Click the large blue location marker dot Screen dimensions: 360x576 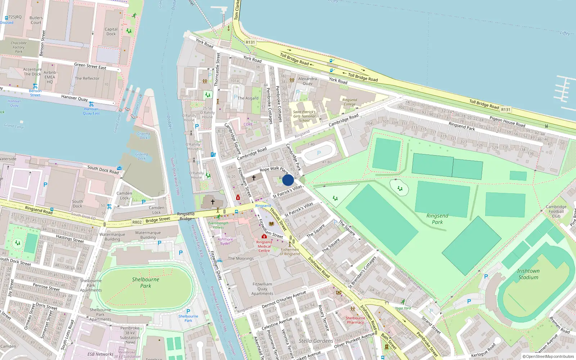click(288, 180)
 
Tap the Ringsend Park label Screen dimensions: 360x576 click(437, 219)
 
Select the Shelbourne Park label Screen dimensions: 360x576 click(145, 283)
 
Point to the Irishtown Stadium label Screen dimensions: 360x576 click(528, 274)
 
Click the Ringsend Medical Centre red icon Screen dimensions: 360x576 click(264, 237)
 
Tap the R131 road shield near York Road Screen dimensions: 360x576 click(250, 42)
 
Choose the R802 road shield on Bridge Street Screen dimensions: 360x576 click(137, 222)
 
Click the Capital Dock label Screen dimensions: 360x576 click(111, 32)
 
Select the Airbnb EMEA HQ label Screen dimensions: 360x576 click(50, 77)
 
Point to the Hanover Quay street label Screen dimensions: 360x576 click(75, 98)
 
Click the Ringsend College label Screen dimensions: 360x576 click(350, 102)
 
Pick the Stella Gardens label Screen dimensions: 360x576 click(316, 341)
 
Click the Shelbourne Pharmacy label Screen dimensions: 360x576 click(355, 320)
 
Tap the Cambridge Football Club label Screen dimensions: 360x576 click(556, 211)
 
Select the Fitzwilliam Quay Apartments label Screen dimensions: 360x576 click(262, 289)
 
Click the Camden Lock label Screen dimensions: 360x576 click(124, 195)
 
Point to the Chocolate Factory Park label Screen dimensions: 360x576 click(19, 47)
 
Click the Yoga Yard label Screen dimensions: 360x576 click(403, 308)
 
